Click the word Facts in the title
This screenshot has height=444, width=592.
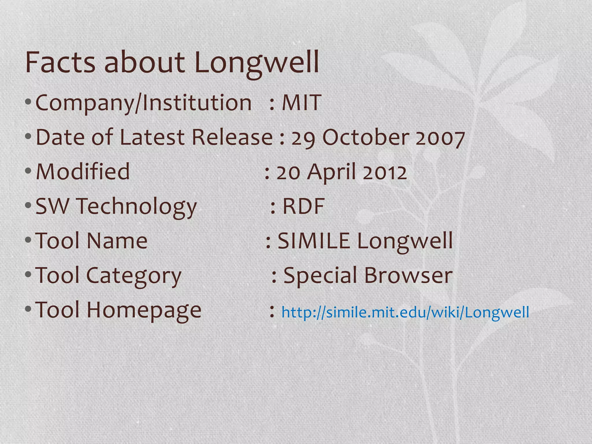click(60, 62)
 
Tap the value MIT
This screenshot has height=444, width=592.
click(301, 103)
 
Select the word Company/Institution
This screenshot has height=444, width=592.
click(143, 103)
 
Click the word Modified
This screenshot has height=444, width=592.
click(83, 171)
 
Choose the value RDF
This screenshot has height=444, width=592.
click(303, 206)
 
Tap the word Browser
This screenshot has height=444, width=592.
click(408, 275)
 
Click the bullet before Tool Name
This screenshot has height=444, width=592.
click(28, 240)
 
